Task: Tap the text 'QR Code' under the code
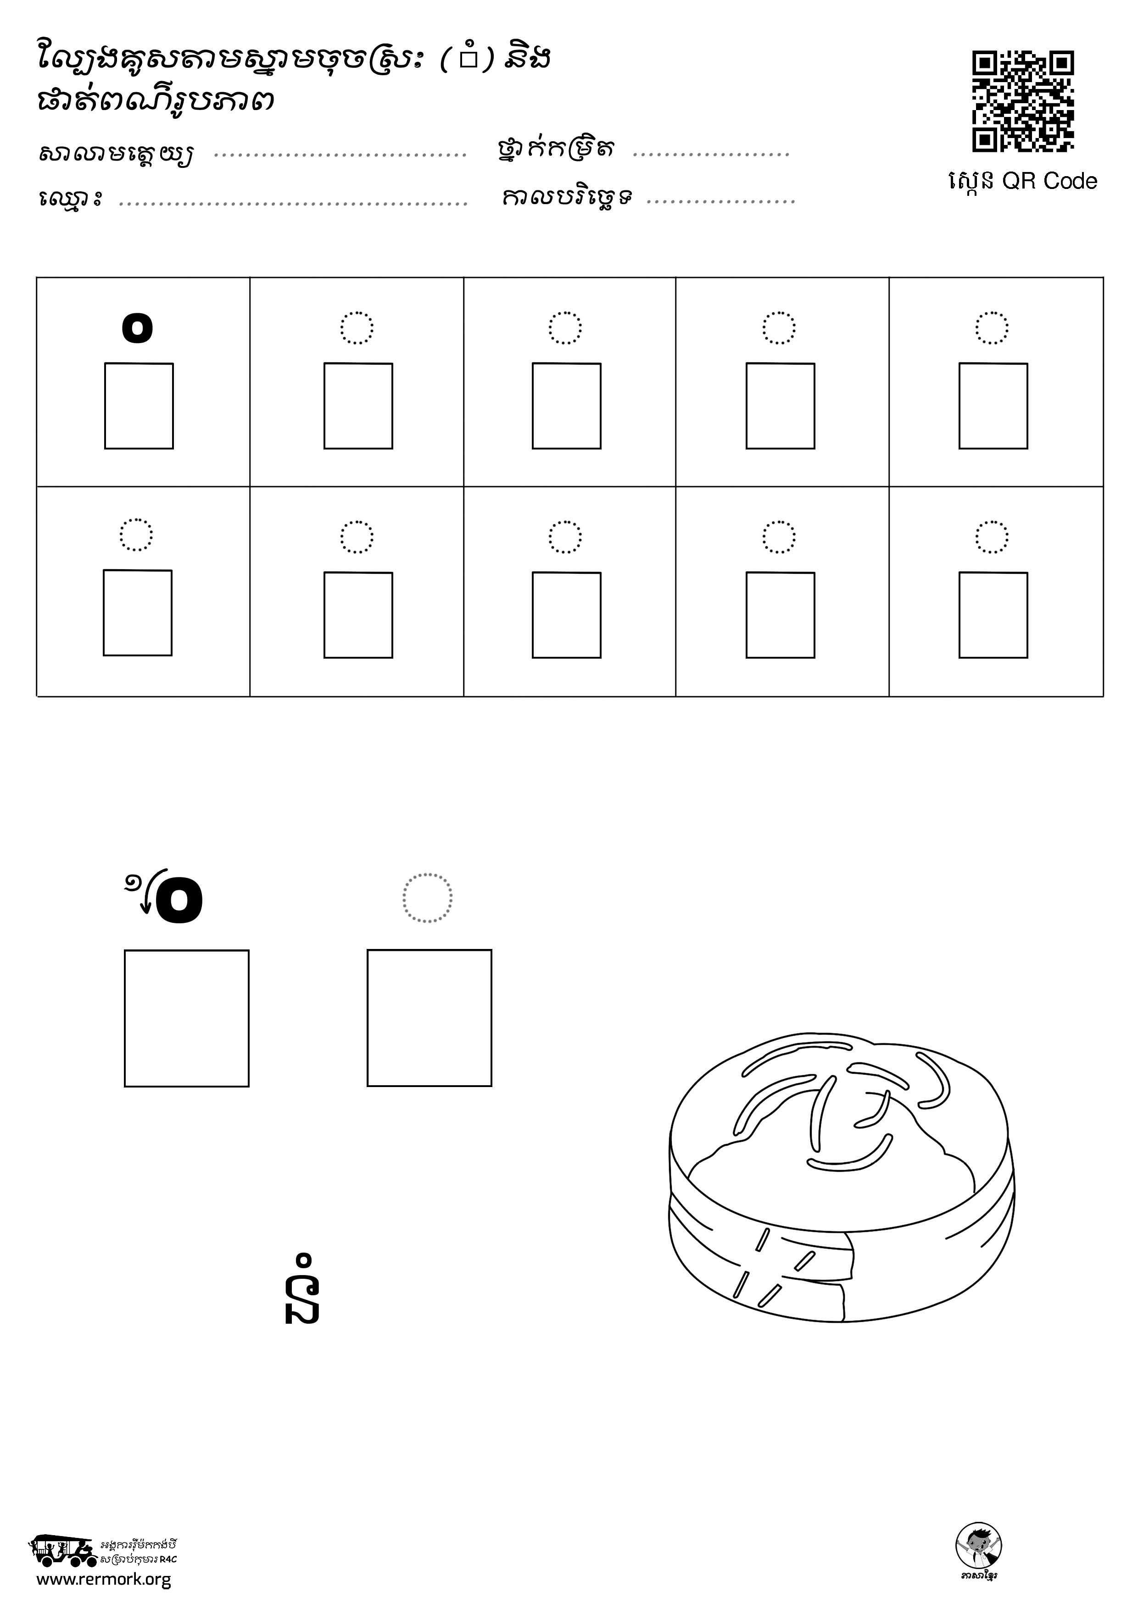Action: tap(1049, 182)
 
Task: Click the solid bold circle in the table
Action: tap(137, 327)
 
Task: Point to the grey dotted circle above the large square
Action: tap(427, 898)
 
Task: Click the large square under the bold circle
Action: tap(186, 1018)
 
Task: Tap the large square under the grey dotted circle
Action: tap(429, 1017)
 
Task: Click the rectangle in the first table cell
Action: tap(139, 406)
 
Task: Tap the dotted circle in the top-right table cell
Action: tap(992, 328)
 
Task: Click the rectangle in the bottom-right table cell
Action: tap(993, 615)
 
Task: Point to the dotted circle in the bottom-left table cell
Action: tap(136, 535)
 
